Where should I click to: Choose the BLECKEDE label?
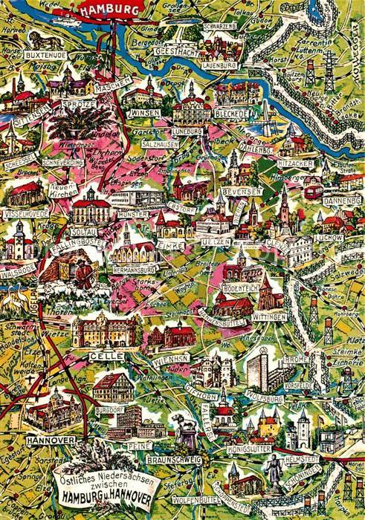click(x=233, y=116)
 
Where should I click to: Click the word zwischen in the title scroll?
click(x=97, y=484)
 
